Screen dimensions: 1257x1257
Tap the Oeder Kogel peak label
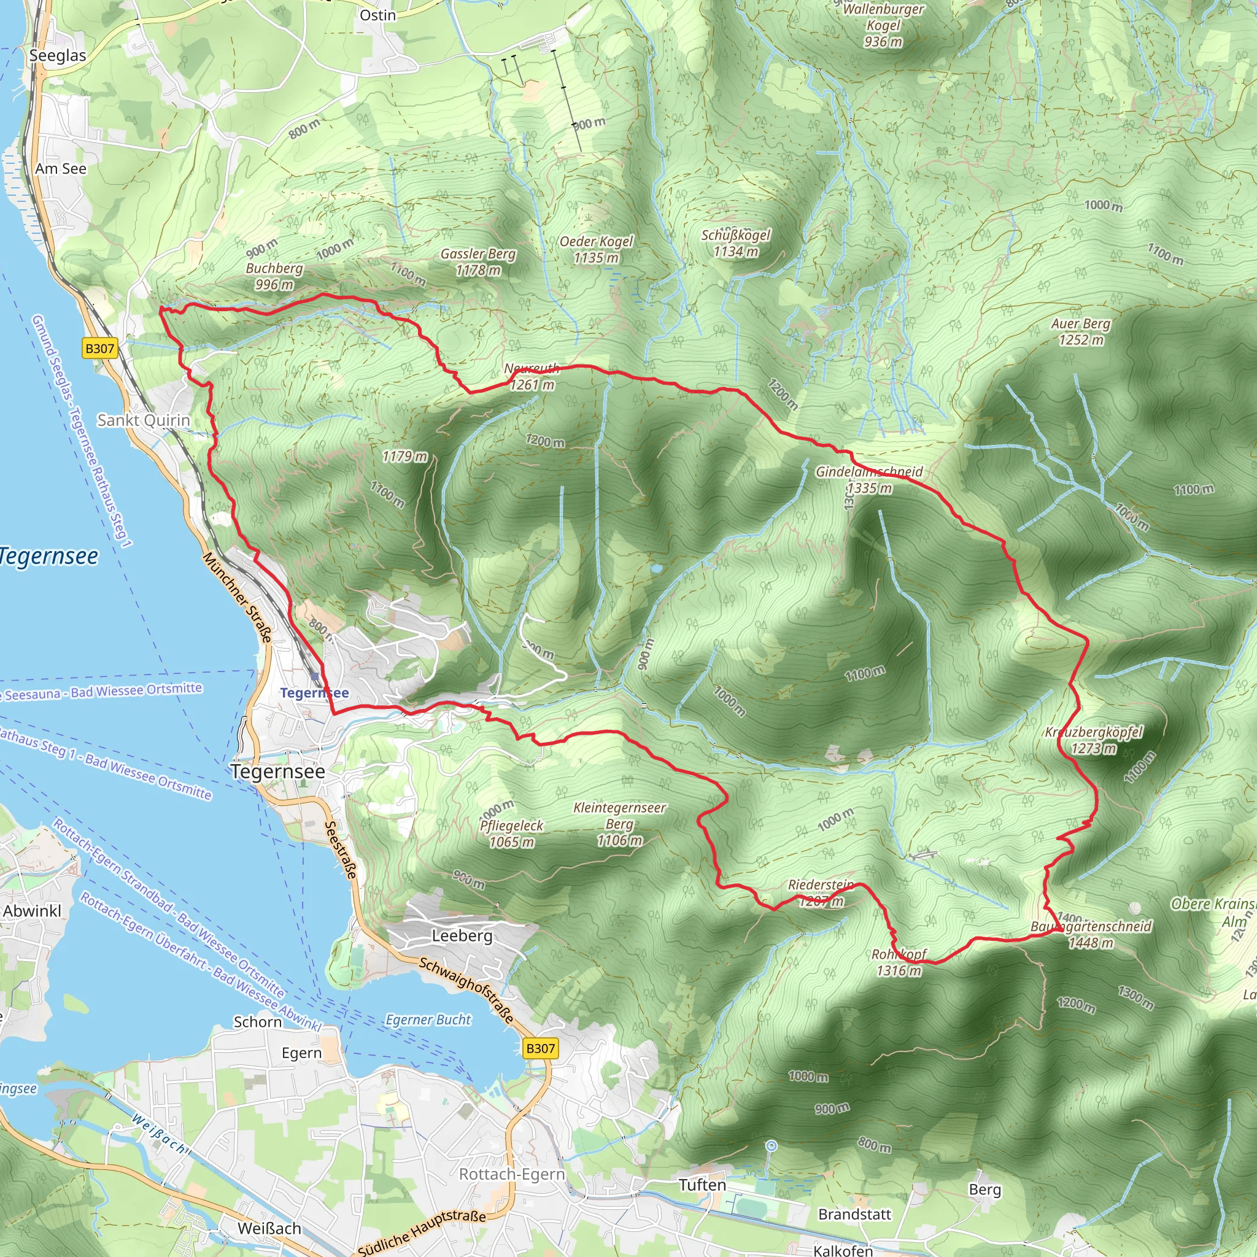pos(596,249)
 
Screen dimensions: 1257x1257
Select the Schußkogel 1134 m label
pos(735,242)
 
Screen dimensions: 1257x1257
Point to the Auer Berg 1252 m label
pos(1081,331)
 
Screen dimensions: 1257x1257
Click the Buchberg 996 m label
pos(274,276)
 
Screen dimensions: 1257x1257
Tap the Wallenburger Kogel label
pos(883,25)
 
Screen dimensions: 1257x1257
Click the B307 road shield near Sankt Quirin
pos(99,348)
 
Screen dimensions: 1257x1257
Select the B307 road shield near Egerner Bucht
pos(540,1048)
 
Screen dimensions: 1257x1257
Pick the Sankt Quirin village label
pos(144,420)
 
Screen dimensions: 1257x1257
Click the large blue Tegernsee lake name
pos(49,556)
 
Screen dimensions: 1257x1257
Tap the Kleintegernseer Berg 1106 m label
pos(619,824)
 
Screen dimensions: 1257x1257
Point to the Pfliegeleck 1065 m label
pos(511,833)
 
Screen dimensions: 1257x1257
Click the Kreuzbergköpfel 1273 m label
pos(1094,740)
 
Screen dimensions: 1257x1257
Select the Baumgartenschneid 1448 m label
pos(1091,934)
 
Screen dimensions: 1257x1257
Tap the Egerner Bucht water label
pos(428,1019)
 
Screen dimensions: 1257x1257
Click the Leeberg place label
pos(462,935)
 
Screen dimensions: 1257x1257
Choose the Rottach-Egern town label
pos(512,1174)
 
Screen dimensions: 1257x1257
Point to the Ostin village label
pos(377,15)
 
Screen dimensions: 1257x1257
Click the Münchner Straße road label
pos(237,597)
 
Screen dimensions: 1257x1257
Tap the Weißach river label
pos(160,1134)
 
